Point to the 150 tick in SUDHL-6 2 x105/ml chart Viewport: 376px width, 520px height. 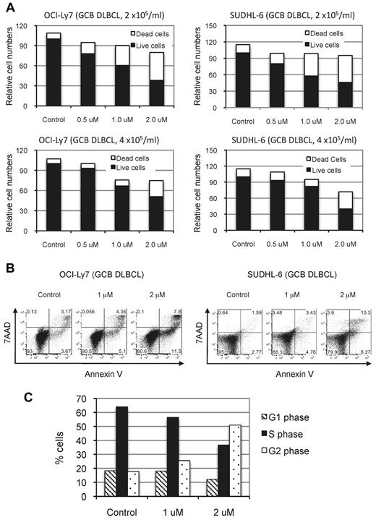tap(219, 27)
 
